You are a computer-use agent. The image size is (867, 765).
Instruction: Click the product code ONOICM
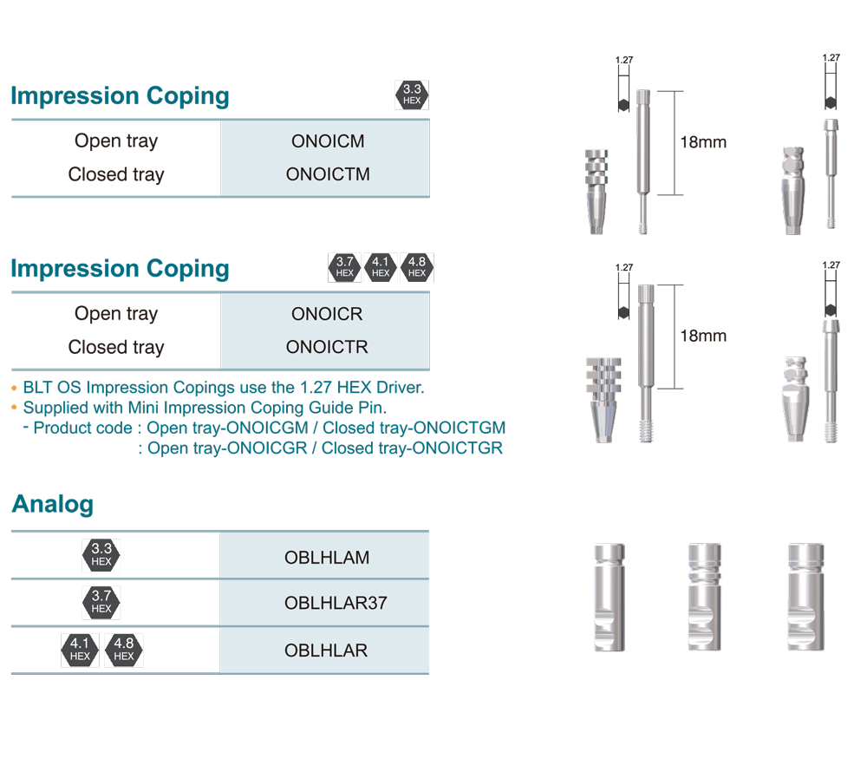pos(328,141)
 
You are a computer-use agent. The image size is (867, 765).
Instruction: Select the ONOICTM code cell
pos(328,174)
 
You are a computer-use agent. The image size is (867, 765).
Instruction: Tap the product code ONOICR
pos(327,314)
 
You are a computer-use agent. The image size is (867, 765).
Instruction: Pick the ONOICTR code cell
pos(327,347)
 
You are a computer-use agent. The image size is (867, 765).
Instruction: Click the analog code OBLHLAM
pos(327,557)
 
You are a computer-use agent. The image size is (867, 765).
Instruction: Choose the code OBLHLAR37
pos(336,603)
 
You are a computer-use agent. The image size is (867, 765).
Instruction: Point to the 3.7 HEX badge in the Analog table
pos(101,602)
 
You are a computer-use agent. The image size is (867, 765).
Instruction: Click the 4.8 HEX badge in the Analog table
pos(124,650)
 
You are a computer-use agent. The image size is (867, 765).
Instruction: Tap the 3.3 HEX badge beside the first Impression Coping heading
pos(412,95)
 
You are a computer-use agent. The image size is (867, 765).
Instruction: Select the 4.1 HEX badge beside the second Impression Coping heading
pos(380,267)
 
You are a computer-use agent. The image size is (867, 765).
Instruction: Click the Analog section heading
pos(53,504)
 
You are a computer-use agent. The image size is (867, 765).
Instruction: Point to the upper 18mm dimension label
pos(703,142)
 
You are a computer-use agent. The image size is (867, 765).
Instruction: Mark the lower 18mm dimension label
pos(703,336)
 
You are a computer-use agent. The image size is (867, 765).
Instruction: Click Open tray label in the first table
pos(116,141)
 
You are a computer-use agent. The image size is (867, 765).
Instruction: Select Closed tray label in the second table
pos(116,347)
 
